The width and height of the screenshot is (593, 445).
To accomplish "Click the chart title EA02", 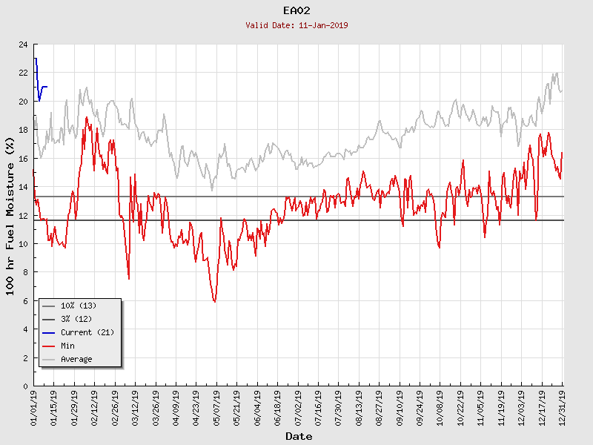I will (297, 11).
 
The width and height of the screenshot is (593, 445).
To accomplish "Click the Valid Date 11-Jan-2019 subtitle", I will (297, 25).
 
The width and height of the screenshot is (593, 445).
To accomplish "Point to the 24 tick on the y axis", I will (23, 44).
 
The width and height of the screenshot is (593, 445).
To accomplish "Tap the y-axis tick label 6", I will (25, 301).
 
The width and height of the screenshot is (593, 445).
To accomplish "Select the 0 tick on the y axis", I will (25, 386).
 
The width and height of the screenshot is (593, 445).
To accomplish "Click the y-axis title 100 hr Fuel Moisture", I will (10, 215).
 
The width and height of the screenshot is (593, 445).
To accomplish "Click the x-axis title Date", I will (299, 436).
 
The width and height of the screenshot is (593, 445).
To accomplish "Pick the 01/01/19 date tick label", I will (35, 407).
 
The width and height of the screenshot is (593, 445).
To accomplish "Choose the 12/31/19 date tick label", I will (563, 407).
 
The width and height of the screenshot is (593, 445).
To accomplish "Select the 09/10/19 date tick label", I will (400, 407).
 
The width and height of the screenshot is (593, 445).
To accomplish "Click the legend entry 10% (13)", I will (78, 306).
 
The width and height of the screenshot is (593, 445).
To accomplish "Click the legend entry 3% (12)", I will (76, 319).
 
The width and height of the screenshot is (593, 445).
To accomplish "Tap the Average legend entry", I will (76, 359).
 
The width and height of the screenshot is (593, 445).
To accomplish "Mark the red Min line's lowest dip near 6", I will (214, 301).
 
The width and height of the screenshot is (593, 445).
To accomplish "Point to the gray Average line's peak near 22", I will (556, 74).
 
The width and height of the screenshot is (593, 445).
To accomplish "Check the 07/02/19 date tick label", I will (299, 407).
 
